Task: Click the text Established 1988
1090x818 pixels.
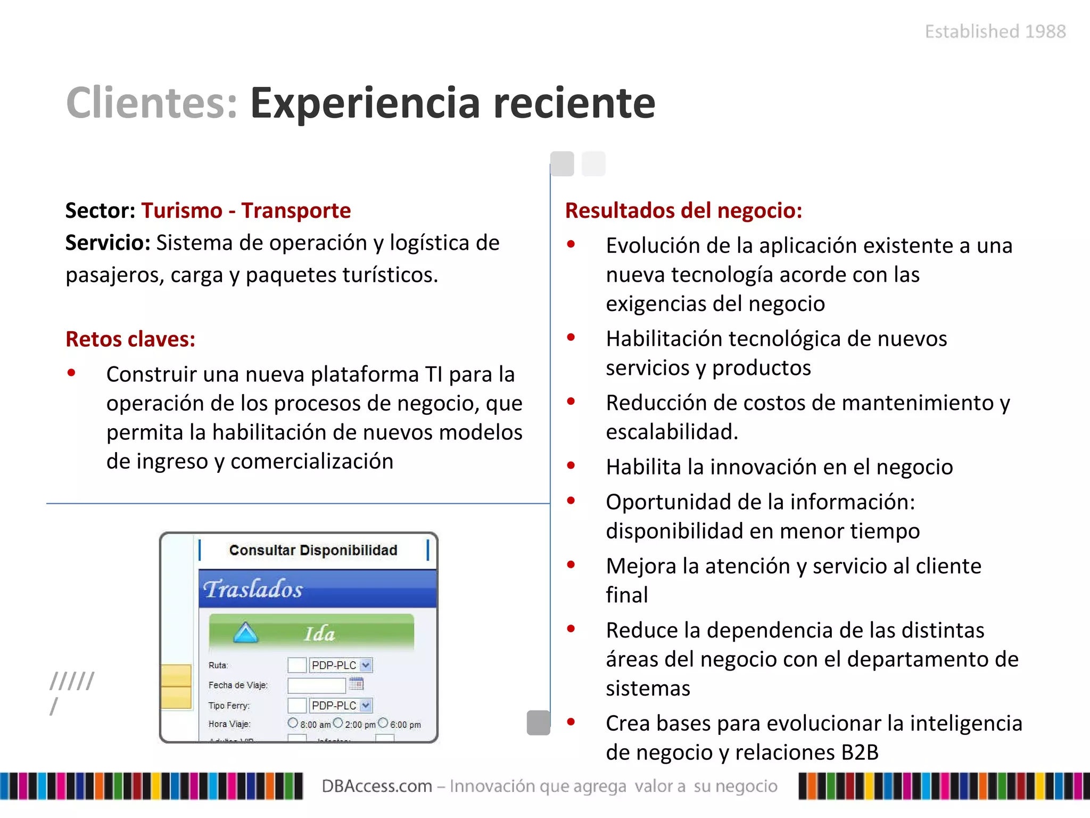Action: pos(995,31)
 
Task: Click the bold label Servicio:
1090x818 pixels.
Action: pos(108,243)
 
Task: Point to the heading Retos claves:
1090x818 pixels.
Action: pos(130,339)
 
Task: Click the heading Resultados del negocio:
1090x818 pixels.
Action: pos(683,211)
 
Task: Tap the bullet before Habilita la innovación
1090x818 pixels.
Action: pos(571,466)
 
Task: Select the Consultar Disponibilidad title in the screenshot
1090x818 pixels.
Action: pos(313,550)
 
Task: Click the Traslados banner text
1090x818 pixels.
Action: pos(253,589)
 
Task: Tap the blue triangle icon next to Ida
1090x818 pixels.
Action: pos(245,633)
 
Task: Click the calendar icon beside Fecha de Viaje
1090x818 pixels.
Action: pos(356,684)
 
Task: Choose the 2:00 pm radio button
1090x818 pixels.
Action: pos(338,723)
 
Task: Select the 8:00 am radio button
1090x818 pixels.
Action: pos(293,723)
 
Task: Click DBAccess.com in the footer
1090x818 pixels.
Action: pos(377,786)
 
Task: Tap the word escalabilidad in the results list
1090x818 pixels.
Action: pos(671,432)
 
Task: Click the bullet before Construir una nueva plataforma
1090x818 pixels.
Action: pos(71,373)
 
